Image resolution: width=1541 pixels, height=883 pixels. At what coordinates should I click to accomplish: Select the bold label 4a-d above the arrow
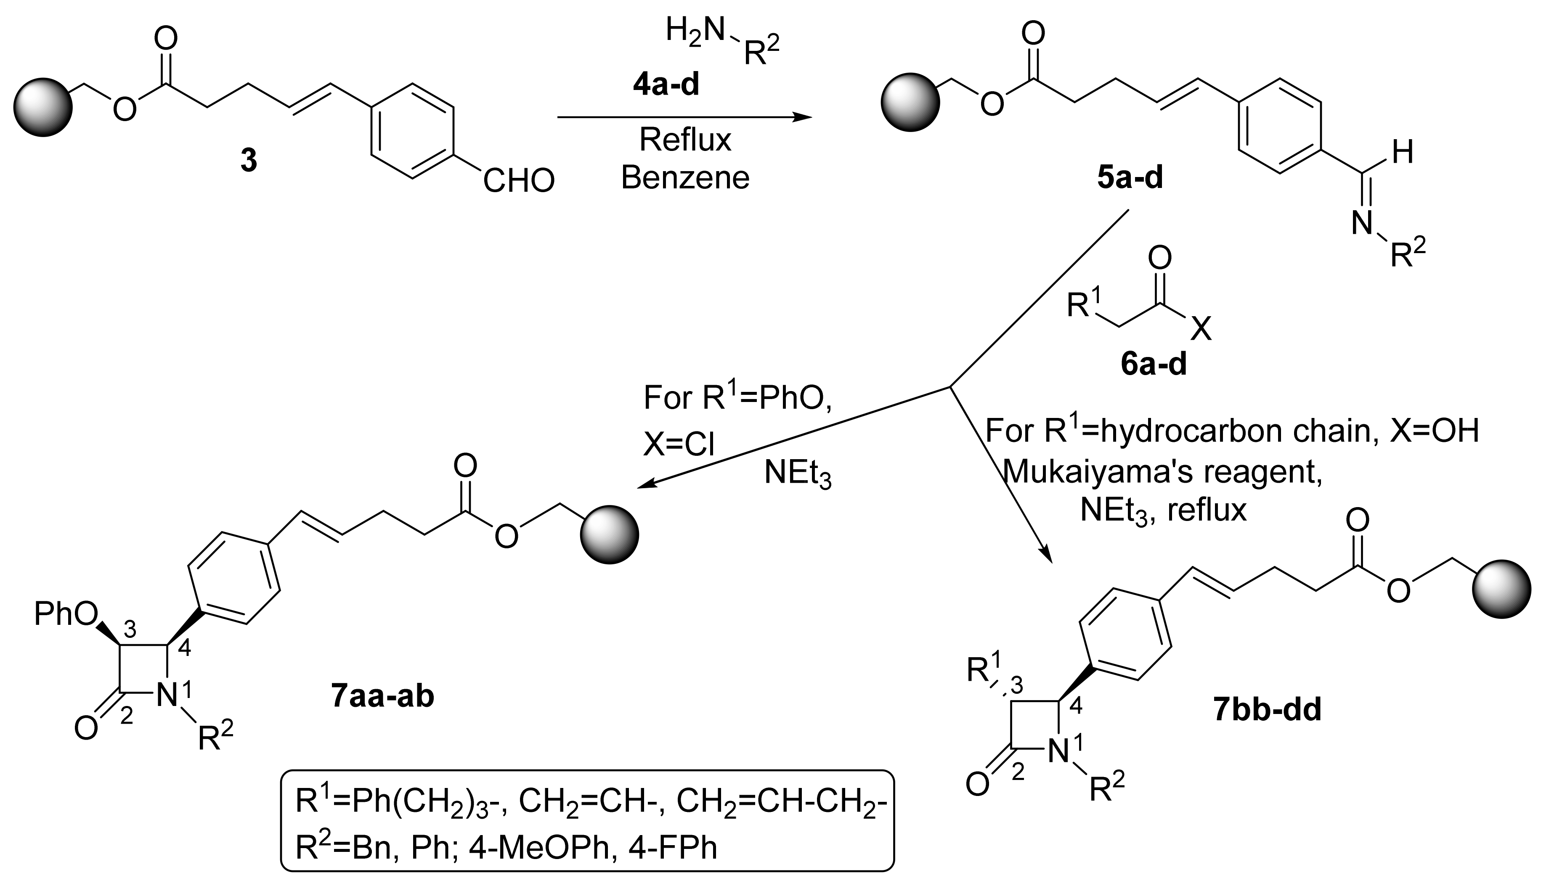(666, 85)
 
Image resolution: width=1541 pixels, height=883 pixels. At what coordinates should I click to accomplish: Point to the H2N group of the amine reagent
(695, 30)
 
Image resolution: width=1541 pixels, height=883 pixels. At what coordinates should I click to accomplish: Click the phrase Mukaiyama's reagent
(1163, 472)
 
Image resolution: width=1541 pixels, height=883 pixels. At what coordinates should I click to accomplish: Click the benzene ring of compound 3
(411, 132)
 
